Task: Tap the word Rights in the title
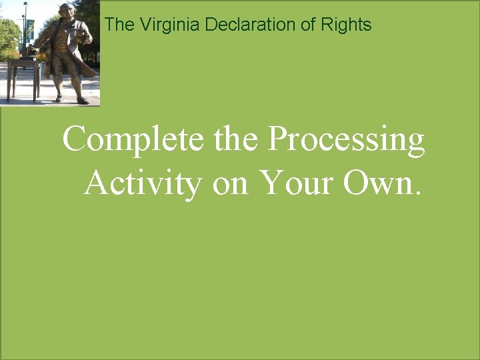(346, 25)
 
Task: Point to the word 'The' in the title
(119, 25)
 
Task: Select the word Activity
(143, 183)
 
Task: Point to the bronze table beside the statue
(24, 73)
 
